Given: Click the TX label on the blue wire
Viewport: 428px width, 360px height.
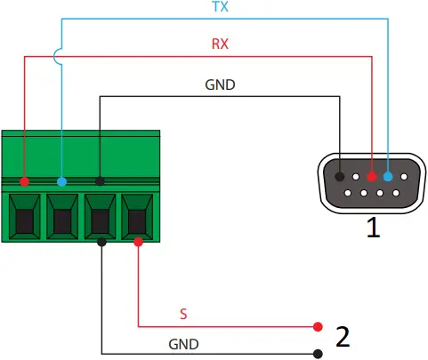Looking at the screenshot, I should (x=219, y=7).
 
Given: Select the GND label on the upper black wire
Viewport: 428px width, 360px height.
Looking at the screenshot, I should (x=220, y=85).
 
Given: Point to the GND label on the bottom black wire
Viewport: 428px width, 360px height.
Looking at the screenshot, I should (x=184, y=343).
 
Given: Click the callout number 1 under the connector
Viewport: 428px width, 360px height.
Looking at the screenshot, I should (x=374, y=228).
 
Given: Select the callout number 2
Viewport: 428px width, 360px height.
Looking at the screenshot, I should (x=343, y=337).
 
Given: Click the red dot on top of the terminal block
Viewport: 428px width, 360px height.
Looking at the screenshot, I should (x=25, y=181).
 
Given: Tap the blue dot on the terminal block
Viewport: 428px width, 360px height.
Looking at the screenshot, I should (x=61, y=181).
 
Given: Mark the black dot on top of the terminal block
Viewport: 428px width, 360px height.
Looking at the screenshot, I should (x=100, y=181).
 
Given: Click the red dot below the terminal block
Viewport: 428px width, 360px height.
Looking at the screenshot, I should (x=138, y=241).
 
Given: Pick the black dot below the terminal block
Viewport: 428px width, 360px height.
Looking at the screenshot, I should (x=102, y=241).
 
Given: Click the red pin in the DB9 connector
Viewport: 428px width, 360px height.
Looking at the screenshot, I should (x=372, y=177).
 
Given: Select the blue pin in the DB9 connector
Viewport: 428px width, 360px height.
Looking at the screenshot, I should (x=388, y=177).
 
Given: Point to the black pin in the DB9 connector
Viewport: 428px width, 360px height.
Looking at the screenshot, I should (x=340, y=177).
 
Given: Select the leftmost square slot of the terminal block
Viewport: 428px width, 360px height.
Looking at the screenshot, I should (x=25, y=216).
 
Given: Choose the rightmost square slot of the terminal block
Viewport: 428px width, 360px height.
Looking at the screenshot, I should (x=138, y=216).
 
